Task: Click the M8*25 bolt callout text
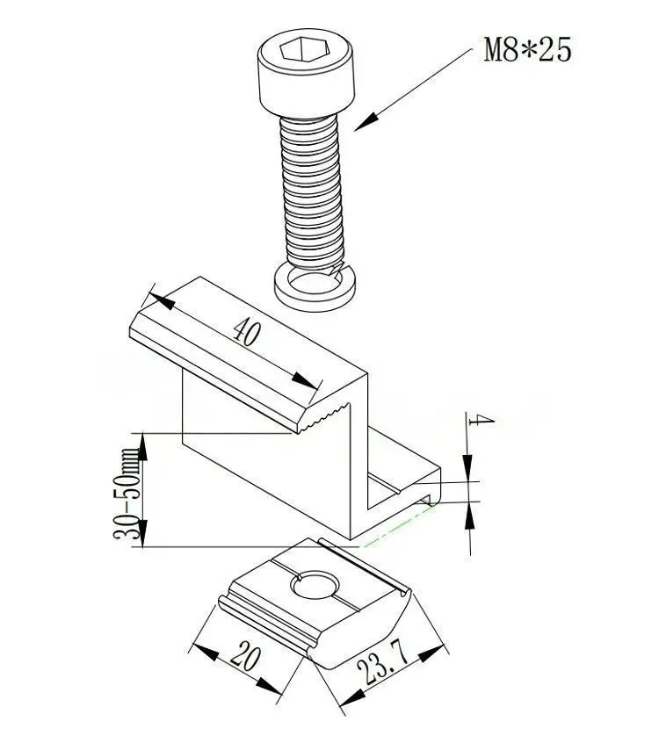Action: tap(527, 50)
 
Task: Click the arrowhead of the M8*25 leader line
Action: tap(366, 122)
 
